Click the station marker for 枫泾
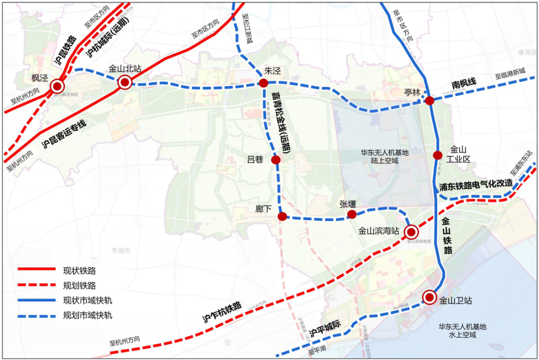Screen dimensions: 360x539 coord(57,86)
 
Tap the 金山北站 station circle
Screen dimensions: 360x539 coord(125,82)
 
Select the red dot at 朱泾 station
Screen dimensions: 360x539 coord(264,83)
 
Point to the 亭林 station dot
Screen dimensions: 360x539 coord(430,101)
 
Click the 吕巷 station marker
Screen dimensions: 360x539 coord(275,160)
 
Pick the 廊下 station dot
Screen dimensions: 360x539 coord(282,216)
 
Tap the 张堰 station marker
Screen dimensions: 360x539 coord(352,214)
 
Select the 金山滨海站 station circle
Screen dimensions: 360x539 coord(411,232)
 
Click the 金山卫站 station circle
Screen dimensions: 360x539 coord(429,298)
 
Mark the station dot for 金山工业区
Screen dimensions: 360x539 coord(438,155)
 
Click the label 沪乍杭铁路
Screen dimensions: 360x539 coord(222,312)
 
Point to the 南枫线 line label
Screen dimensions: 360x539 coord(464,84)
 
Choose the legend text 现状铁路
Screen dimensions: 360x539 coord(79,271)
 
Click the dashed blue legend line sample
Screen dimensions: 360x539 coord(36,316)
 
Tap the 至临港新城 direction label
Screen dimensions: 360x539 coord(510,74)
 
